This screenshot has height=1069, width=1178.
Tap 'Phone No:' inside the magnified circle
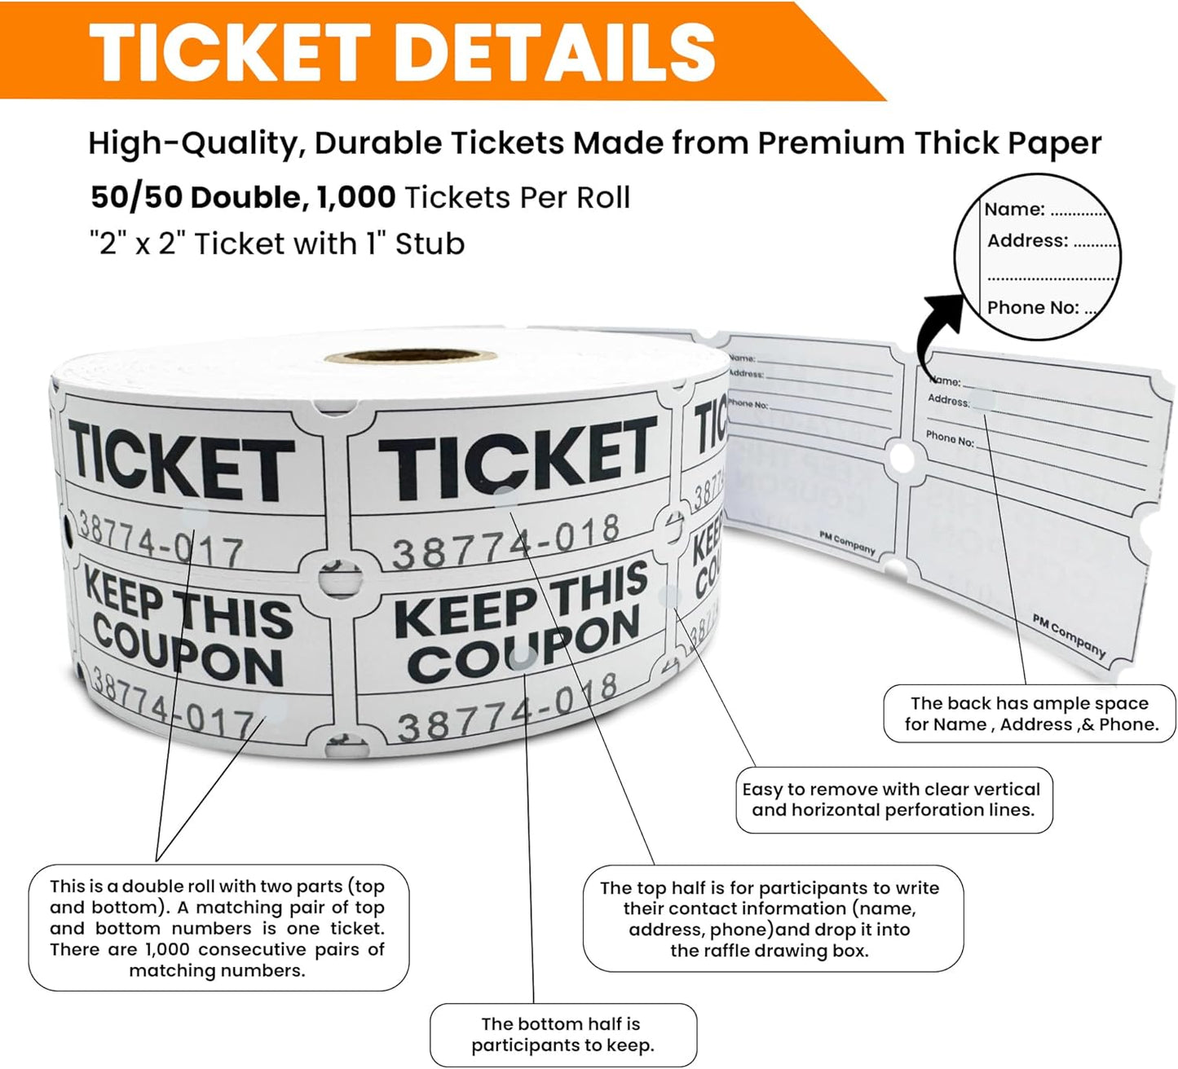pyautogui.click(x=1033, y=307)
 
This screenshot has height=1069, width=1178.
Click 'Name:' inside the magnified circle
pyautogui.click(x=1014, y=209)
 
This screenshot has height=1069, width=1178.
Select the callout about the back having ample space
pyautogui.click(x=1030, y=714)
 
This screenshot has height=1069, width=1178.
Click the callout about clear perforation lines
pyautogui.click(x=893, y=799)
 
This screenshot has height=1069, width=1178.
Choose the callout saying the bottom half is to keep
pyautogui.click(x=563, y=1035)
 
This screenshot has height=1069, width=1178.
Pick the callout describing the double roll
pyautogui.click(x=218, y=928)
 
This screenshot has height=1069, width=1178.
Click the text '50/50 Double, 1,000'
pyautogui.click(x=243, y=197)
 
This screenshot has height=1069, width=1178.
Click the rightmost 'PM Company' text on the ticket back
pyautogui.click(x=1069, y=636)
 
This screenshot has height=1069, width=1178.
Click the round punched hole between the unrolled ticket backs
pyautogui.click(x=902, y=459)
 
